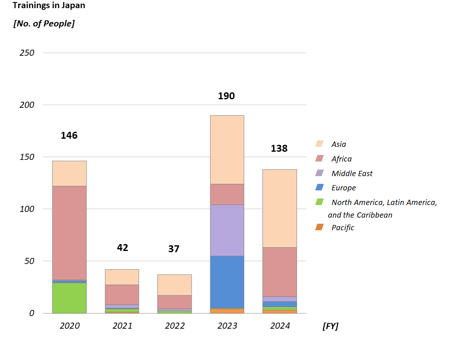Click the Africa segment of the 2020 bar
[x=69, y=233]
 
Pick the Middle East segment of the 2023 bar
[x=227, y=230]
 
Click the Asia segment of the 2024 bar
[x=279, y=208]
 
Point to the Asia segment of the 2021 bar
[x=122, y=277]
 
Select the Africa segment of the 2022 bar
[x=174, y=302]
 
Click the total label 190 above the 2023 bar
[x=226, y=96]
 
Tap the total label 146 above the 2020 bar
[x=69, y=135]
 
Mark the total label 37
[x=174, y=249]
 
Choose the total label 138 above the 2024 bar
[x=279, y=148]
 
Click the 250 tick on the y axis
[x=27, y=53]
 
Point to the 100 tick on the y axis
[x=27, y=209]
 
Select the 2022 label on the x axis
[x=175, y=326]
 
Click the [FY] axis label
[x=330, y=326]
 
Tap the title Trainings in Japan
[x=49, y=6]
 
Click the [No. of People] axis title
[x=44, y=24]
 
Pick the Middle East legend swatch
[x=319, y=173]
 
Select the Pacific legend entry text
[x=343, y=228]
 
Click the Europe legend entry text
[x=343, y=188]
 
